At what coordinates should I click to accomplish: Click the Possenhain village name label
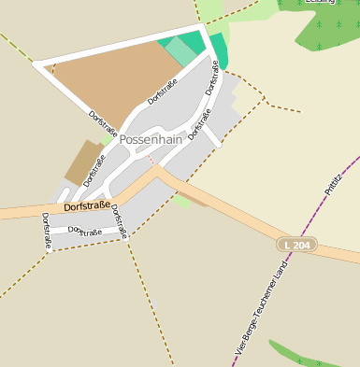(150, 139)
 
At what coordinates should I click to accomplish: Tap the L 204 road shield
(296, 245)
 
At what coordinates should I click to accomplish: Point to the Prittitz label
(335, 177)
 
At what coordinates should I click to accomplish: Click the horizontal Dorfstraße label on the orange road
(85, 205)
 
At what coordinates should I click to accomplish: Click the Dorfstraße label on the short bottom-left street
(85, 231)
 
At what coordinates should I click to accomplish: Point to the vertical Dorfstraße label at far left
(47, 232)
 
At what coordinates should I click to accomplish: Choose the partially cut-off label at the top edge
(320, 3)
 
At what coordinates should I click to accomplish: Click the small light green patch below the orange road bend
(181, 201)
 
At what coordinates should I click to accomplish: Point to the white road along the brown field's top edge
(117, 45)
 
